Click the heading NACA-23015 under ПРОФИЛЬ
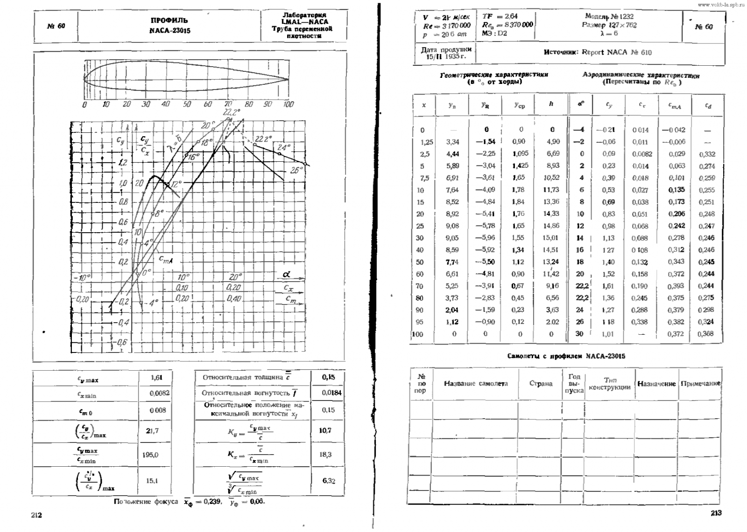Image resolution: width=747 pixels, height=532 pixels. click(169, 31)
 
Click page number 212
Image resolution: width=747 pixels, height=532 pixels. click(36, 515)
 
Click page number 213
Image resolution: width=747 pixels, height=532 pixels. click(716, 513)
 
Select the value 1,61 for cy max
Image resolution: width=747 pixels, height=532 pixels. click(156, 378)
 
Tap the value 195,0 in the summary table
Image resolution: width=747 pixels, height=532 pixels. click(150, 455)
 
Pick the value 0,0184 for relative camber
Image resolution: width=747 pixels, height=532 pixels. click(331, 393)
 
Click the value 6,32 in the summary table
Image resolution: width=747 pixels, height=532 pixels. click(329, 481)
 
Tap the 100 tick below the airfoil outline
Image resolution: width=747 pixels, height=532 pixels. click(289, 104)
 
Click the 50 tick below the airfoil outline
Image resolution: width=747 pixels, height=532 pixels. click(187, 104)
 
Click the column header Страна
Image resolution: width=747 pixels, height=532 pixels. click(541, 384)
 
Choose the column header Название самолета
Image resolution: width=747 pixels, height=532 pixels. click(475, 384)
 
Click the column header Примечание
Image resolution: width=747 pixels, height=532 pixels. click(700, 384)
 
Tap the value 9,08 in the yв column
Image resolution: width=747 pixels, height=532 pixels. click(452, 226)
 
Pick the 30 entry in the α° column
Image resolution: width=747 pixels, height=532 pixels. click(579, 334)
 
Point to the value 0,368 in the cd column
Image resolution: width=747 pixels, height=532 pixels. click(706, 334)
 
